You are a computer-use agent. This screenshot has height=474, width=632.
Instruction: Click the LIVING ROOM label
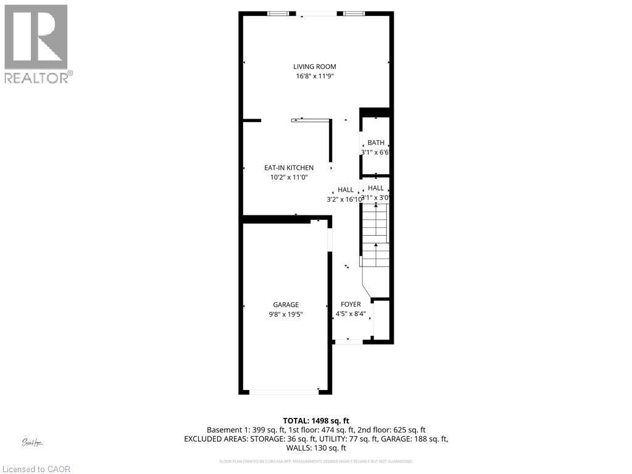315,67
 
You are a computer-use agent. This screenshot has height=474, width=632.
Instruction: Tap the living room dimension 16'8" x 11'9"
315,76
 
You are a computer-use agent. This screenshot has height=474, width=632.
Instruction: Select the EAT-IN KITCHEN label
289,168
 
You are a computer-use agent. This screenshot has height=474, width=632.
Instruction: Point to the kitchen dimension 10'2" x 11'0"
289,177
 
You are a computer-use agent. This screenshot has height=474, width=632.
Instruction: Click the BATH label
376,143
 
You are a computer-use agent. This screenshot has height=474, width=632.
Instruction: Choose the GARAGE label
286,305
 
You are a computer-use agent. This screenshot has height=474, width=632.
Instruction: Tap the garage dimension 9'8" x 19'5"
286,314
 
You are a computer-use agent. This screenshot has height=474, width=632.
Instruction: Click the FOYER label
351,305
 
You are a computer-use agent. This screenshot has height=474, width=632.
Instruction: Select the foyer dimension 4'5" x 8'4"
351,314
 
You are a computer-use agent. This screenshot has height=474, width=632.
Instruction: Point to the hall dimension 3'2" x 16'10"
344,199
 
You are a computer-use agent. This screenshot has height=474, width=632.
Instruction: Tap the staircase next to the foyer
375,235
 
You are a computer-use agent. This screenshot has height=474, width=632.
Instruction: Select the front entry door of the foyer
347,341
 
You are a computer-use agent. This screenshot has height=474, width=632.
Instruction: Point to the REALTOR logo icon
36,37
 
